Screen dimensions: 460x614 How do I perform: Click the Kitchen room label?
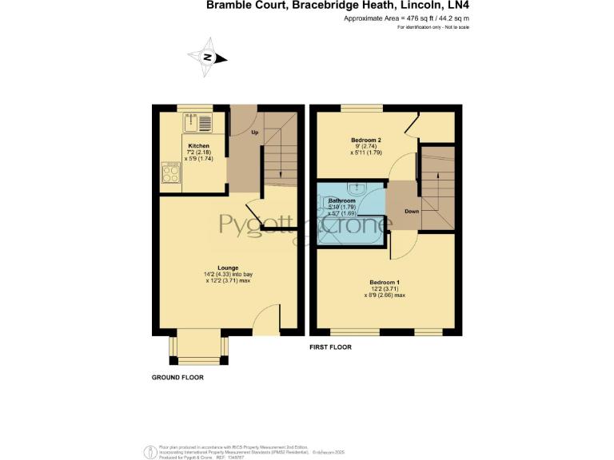[199, 146]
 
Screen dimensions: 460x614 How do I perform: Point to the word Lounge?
[228, 268]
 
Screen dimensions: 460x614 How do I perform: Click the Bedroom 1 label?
[385, 283]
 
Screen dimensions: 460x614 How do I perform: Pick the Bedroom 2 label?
[364, 140]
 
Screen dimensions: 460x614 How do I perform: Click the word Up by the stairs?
[254, 132]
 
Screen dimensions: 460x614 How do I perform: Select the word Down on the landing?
[412, 212]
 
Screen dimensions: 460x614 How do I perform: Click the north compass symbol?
[208, 57]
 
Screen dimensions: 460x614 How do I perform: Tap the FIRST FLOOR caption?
[330, 348]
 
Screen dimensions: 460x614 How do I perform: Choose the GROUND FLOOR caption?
[177, 377]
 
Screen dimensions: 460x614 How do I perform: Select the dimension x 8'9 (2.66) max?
[384, 295]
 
